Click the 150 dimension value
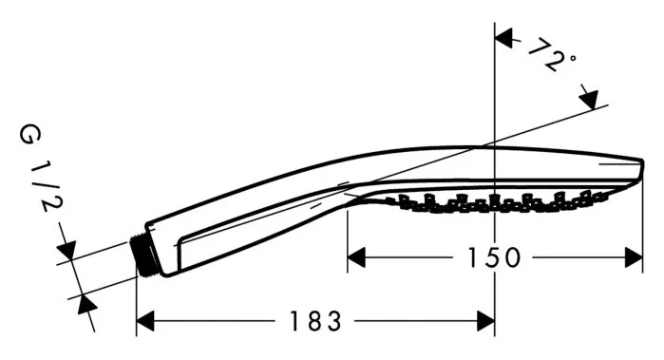495,257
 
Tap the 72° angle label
551,60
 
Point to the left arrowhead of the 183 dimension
148,322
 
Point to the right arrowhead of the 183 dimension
484,322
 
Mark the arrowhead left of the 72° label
505,39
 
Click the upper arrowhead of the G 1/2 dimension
66,249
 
